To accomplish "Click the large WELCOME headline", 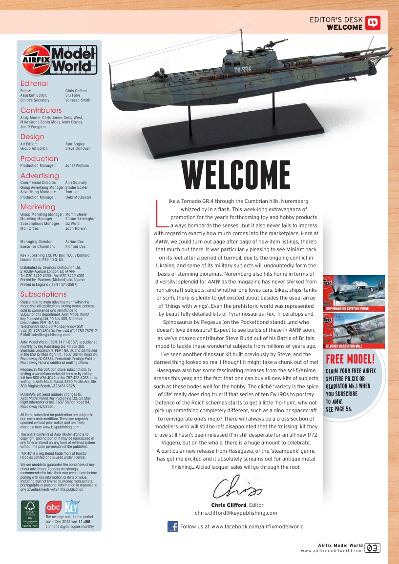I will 236,176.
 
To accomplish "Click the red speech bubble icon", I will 373,23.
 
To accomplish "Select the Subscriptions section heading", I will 43,294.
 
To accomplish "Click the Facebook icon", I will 172,526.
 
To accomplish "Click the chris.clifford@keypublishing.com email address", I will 236,513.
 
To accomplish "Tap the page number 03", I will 373,548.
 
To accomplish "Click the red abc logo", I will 53,508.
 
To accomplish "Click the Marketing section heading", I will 38,207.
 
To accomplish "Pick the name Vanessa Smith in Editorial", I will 78,100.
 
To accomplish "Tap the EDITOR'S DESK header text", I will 336,20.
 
